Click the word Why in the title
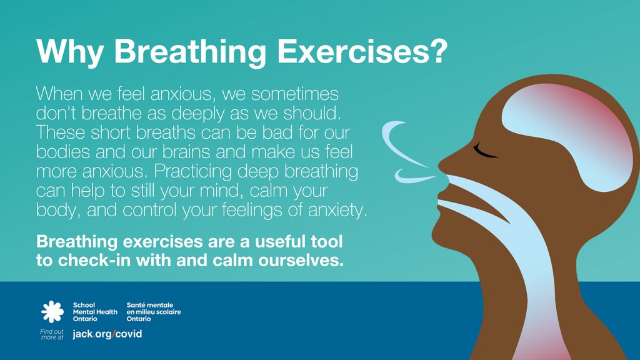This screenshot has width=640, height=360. click(69, 52)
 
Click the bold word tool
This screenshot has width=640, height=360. click(326, 241)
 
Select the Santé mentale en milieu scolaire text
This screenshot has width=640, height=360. click(153, 312)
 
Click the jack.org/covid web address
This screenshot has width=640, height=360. click(107, 334)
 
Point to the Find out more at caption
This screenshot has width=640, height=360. click(52, 334)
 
